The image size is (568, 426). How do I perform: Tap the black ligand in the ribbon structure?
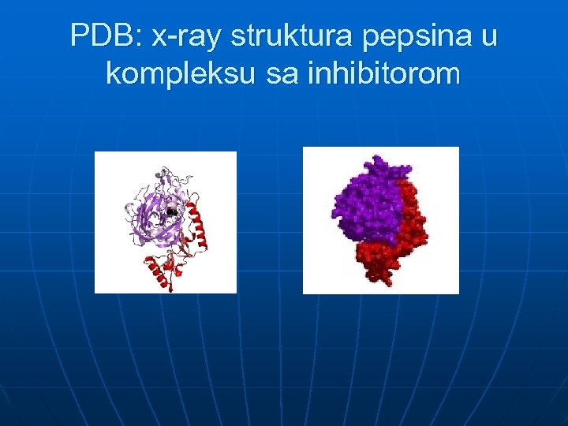171,211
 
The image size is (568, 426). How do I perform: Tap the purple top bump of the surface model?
379,166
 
